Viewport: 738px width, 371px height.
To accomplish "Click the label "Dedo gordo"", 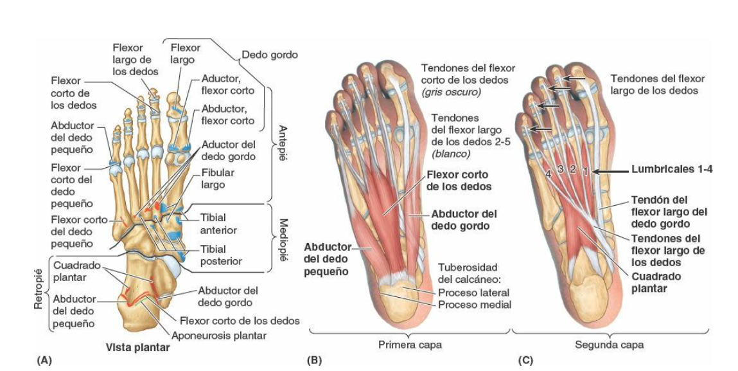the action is coord(269,55).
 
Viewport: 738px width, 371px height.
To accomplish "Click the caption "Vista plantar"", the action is coord(137,348).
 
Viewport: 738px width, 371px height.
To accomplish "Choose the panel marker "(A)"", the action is coord(44,361).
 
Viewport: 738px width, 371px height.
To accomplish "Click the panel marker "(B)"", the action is coord(313,361).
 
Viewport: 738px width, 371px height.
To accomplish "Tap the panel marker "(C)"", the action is coord(525,361).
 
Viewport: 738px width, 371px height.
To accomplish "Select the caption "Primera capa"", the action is coord(411,345).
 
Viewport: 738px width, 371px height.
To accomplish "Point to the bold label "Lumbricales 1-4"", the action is coord(672,170).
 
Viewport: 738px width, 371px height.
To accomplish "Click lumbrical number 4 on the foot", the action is coord(548,174).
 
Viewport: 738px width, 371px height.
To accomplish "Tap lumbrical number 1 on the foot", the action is coord(585,170).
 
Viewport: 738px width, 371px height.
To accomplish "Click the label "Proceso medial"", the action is coord(475,304).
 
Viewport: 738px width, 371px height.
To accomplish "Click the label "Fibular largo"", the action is coord(218,179).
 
